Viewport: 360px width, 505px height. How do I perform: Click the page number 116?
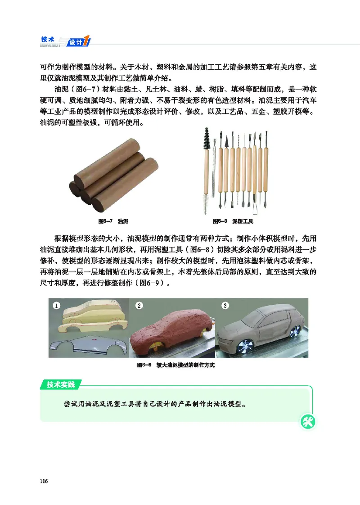[44, 481]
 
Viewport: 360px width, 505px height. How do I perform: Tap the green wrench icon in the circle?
[309, 422]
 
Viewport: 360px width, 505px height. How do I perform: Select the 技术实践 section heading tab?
[61, 384]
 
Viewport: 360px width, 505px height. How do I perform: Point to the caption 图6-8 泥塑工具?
[233, 222]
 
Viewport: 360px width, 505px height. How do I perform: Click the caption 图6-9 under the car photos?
[176, 365]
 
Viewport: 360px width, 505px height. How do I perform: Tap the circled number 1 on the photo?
[57, 306]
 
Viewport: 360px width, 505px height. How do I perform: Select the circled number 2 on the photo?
[139, 306]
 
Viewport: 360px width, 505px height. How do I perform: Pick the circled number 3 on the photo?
[225, 306]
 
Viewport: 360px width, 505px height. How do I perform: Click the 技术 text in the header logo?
[48, 39]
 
